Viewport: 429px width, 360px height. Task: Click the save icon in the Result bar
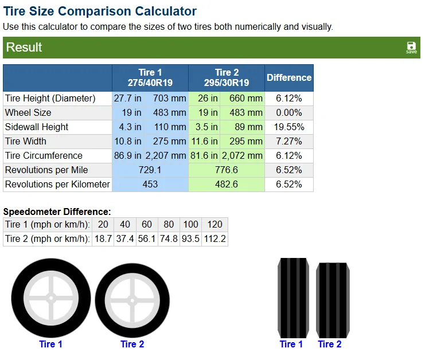411,48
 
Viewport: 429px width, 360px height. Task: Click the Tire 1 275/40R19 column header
150,78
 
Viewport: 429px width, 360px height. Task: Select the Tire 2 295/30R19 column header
227,78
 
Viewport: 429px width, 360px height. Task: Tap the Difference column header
289,78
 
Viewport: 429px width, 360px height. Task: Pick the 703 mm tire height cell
169,98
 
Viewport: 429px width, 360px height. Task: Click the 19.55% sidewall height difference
289,127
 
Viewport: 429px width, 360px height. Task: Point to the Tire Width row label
26,141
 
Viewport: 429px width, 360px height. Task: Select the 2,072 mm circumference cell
242,156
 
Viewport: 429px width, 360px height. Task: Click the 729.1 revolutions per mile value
150,170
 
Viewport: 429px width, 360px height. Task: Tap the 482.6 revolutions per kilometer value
227,184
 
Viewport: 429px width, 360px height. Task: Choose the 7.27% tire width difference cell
289,141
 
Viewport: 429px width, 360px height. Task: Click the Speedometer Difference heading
57,212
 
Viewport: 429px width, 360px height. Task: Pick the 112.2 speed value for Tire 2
214,239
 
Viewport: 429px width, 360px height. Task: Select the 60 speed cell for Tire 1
147,224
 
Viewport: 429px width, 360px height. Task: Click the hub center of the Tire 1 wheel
51,298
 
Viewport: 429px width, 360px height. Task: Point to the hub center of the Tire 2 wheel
132,300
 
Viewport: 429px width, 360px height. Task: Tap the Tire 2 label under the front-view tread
330,344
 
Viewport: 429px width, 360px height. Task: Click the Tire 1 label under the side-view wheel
50,344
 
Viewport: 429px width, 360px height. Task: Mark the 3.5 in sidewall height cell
206,127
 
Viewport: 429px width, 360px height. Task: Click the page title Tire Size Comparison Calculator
100,11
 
